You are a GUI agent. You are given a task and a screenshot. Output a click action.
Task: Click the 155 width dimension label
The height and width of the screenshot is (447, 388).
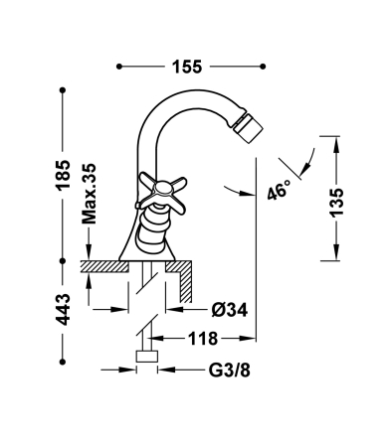point(187,67)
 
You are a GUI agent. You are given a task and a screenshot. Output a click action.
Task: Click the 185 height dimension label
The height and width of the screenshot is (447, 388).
point(63,175)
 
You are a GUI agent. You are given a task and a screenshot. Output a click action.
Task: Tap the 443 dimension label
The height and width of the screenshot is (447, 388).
point(63,309)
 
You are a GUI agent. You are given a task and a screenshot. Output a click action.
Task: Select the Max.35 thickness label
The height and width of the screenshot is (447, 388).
point(89,194)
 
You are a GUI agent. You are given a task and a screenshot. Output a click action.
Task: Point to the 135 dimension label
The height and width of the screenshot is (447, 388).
point(336,203)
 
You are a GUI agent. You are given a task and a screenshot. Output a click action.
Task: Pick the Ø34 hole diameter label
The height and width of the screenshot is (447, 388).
point(230,310)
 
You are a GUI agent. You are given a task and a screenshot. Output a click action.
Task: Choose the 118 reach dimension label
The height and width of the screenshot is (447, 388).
point(203,339)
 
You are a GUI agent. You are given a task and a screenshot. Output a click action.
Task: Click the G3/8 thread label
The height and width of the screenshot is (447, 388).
point(229,371)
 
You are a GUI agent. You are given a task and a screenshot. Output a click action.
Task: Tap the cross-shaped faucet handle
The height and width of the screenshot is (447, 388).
point(162,193)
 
